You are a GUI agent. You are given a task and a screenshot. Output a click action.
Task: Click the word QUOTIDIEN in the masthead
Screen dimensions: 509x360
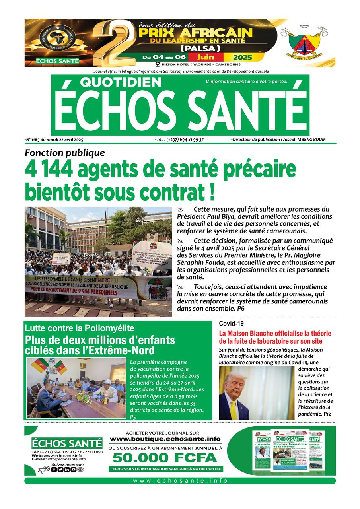pos(121,82)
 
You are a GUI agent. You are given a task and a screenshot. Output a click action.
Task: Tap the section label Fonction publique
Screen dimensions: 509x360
pos(65,153)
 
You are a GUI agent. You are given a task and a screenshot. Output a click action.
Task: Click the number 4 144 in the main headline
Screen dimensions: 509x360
pos(49,170)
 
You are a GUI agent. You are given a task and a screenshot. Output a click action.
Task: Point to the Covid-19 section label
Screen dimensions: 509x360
pos(232,323)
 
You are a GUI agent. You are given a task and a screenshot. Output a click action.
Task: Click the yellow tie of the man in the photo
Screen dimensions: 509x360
pos(234,409)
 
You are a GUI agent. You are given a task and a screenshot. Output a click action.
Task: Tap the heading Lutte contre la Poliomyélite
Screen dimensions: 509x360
pos(80,328)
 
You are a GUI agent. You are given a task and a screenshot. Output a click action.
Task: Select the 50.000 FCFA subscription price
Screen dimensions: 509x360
pos(165,458)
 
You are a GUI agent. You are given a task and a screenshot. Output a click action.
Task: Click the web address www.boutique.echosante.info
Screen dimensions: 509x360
pos(165,439)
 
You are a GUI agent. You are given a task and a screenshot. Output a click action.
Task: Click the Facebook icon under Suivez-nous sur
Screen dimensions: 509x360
pos(54,470)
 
